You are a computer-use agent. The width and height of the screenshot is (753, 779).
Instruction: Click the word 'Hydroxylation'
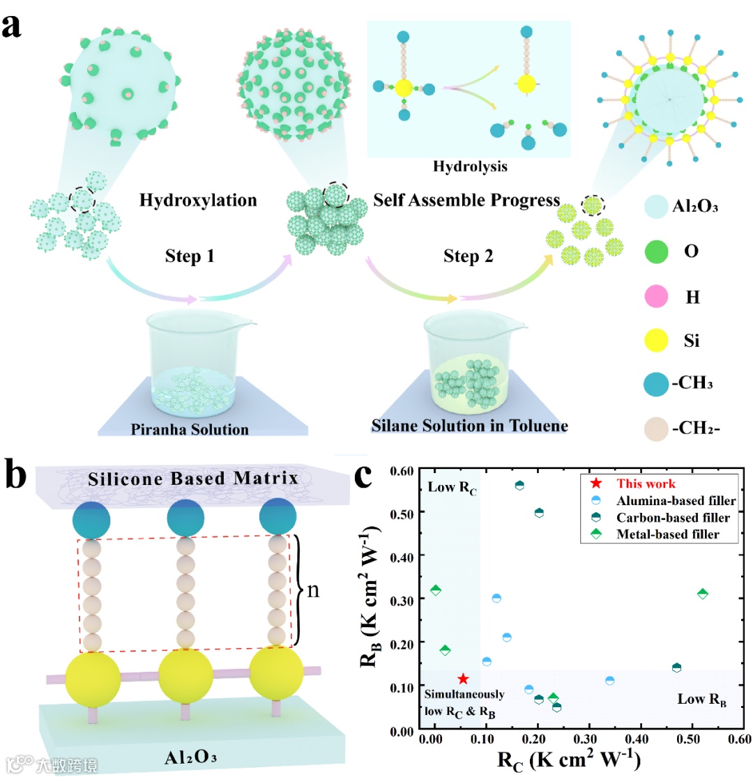198,201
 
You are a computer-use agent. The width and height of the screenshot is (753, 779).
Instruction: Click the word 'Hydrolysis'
468,167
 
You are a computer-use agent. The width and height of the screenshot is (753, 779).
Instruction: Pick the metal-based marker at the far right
703,594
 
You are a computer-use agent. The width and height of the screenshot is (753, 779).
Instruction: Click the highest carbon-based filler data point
519,485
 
